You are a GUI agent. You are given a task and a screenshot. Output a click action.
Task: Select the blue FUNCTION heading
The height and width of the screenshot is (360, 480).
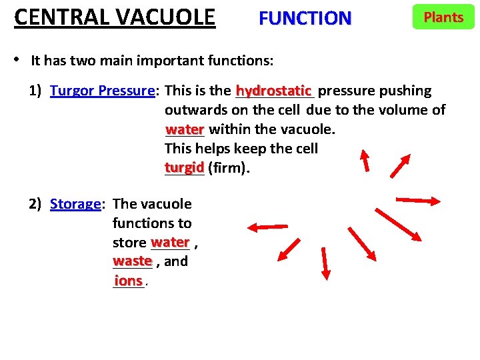[x=305, y=18]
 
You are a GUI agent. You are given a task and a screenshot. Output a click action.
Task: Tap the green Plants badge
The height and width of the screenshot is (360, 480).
[x=443, y=17]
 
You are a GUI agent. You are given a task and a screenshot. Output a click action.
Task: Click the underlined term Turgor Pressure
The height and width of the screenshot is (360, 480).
[x=103, y=91]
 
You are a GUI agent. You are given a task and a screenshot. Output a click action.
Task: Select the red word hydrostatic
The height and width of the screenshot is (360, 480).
[x=273, y=90]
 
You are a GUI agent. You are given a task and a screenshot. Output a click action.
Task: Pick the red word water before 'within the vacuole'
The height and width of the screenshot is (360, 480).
[x=185, y=129]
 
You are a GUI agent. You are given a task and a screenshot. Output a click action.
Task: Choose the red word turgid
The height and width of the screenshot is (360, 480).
[x=184, y=167]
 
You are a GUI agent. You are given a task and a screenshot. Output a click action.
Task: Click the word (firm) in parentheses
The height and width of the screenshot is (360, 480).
[x=229, y=168]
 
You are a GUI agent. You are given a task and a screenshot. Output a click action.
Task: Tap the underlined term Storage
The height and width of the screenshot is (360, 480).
[x=75, y=204]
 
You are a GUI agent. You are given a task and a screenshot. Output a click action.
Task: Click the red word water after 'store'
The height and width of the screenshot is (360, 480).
[x=171, y=242]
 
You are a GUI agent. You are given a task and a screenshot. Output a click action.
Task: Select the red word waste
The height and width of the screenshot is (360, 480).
[x=133, y=261]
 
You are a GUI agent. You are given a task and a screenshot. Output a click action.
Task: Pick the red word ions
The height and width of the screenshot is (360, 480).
[x=128, y=281]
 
